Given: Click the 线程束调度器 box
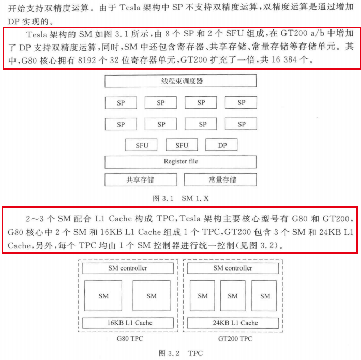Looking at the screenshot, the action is pyautogui.click(x=180, y=81).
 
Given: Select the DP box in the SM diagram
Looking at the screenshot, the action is pyautogui.click(x=222, y=145).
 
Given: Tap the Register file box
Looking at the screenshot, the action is pyautogui.click(x=180, y=161).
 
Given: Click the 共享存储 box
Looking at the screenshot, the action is pyautogui.click(x=140, y=179).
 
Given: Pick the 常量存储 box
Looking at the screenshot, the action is pyautogui.click(x=221, y=179).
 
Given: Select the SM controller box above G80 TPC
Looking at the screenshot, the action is pyautogui.click(x=127, y=268).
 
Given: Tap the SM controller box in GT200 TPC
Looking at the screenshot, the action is pyautogui.click(x=233, y=268).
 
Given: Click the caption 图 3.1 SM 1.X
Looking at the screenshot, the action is pyautogui.click(x=180, y=198).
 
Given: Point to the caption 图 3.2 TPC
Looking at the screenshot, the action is pyautogui.click(x=180, y=353).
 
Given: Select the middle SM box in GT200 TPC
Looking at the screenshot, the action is pyautogui.click(x=233, y=296).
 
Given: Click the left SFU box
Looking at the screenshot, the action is pyautogui.click(x=142, y=145).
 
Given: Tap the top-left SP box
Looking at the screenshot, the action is pyautogui.click(x=121, y=102).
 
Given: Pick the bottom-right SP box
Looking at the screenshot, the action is pyautogui.click(x=241, y=124).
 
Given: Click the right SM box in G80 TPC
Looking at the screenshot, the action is pyautogui.click(x=151, y=296).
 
